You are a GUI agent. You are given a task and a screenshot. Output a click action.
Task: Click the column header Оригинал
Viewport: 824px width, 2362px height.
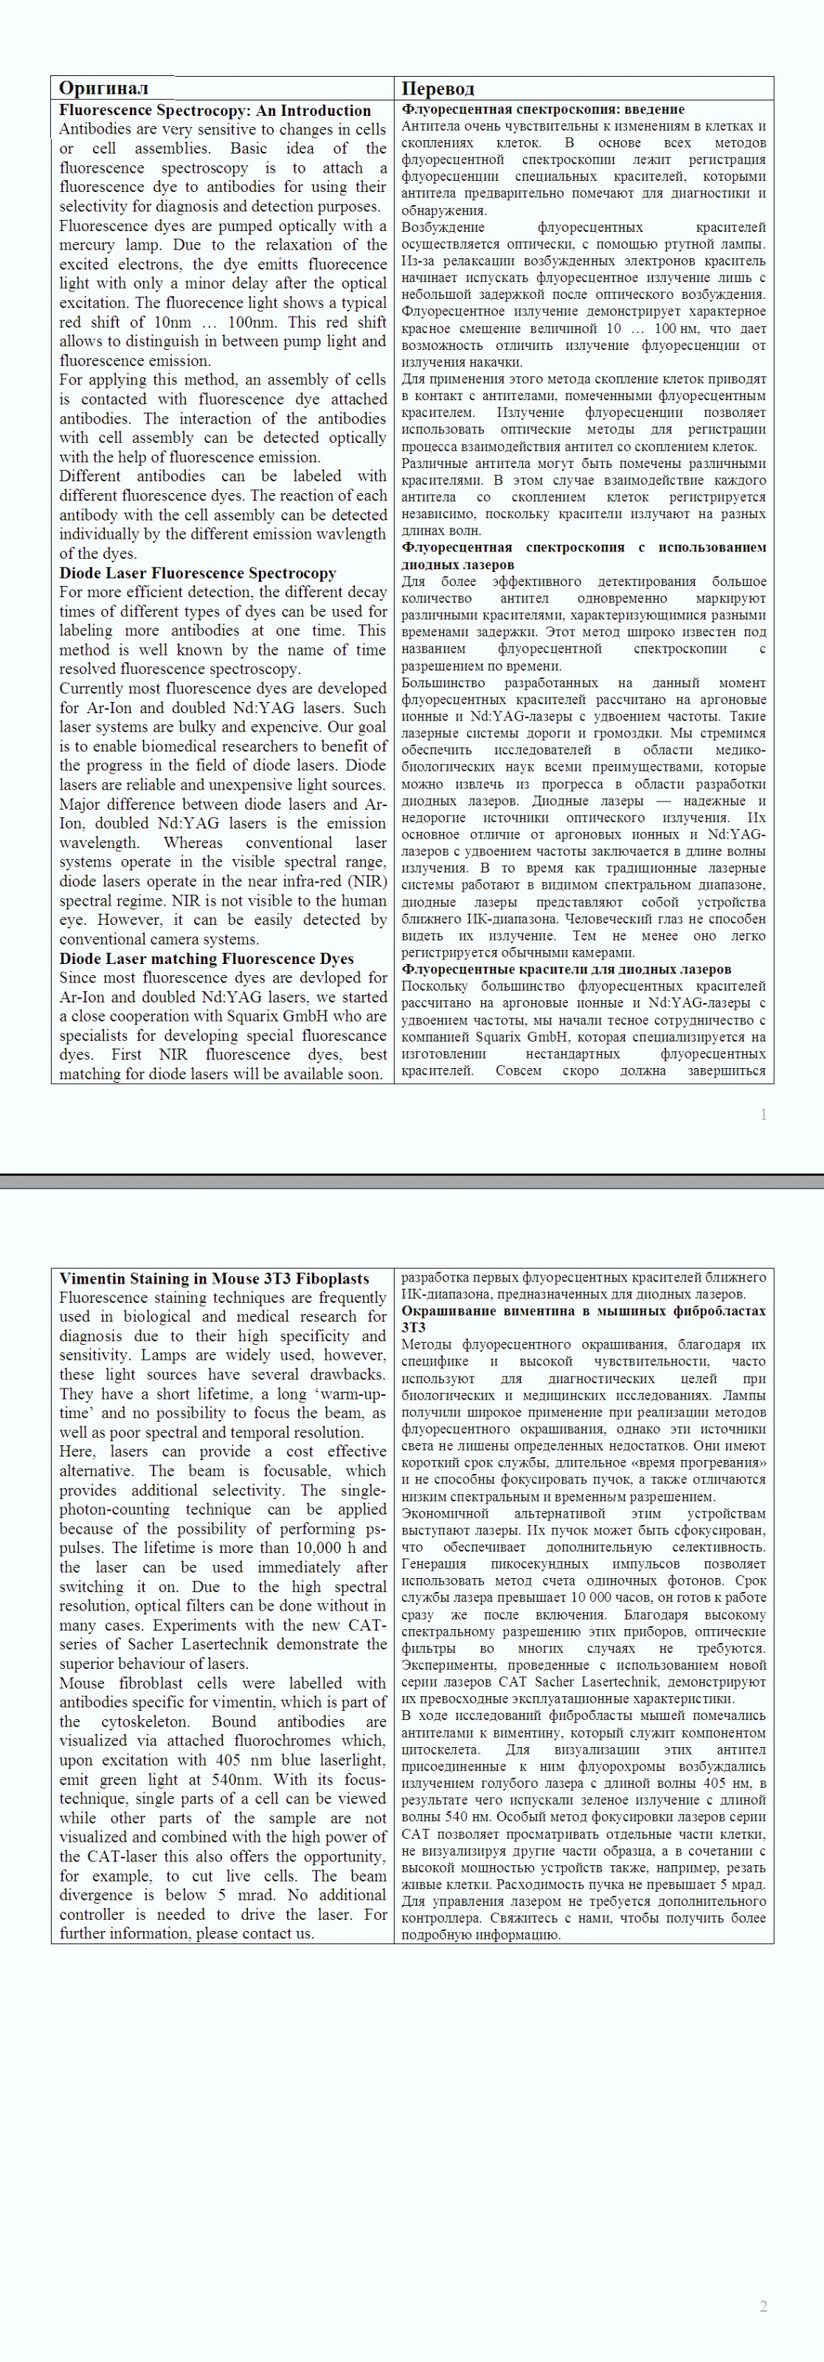click(x=103, y=88)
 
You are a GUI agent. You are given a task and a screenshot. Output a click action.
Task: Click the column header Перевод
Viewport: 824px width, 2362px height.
click(x=438, y=89)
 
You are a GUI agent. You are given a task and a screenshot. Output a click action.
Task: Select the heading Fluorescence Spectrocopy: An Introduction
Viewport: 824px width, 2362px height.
click(x=215, y=110)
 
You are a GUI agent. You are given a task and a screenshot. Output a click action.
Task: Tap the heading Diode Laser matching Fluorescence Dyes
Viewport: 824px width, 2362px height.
click(x=207, y=958)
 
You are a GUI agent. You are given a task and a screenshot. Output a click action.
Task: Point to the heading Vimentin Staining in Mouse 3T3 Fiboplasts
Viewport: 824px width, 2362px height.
click(x=215, y=1278)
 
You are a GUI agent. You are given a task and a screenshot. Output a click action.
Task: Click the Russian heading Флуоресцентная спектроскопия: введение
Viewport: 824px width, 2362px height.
click(x=543, y=109)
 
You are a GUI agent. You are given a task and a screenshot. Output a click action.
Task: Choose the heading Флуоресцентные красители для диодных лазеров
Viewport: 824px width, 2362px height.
click(x=567, y=969)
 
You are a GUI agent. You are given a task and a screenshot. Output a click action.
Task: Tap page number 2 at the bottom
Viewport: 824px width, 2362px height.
click(x=764, y=2306)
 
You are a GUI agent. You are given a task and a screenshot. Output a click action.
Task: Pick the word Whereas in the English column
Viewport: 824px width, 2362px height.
click(x=193, y=843)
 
